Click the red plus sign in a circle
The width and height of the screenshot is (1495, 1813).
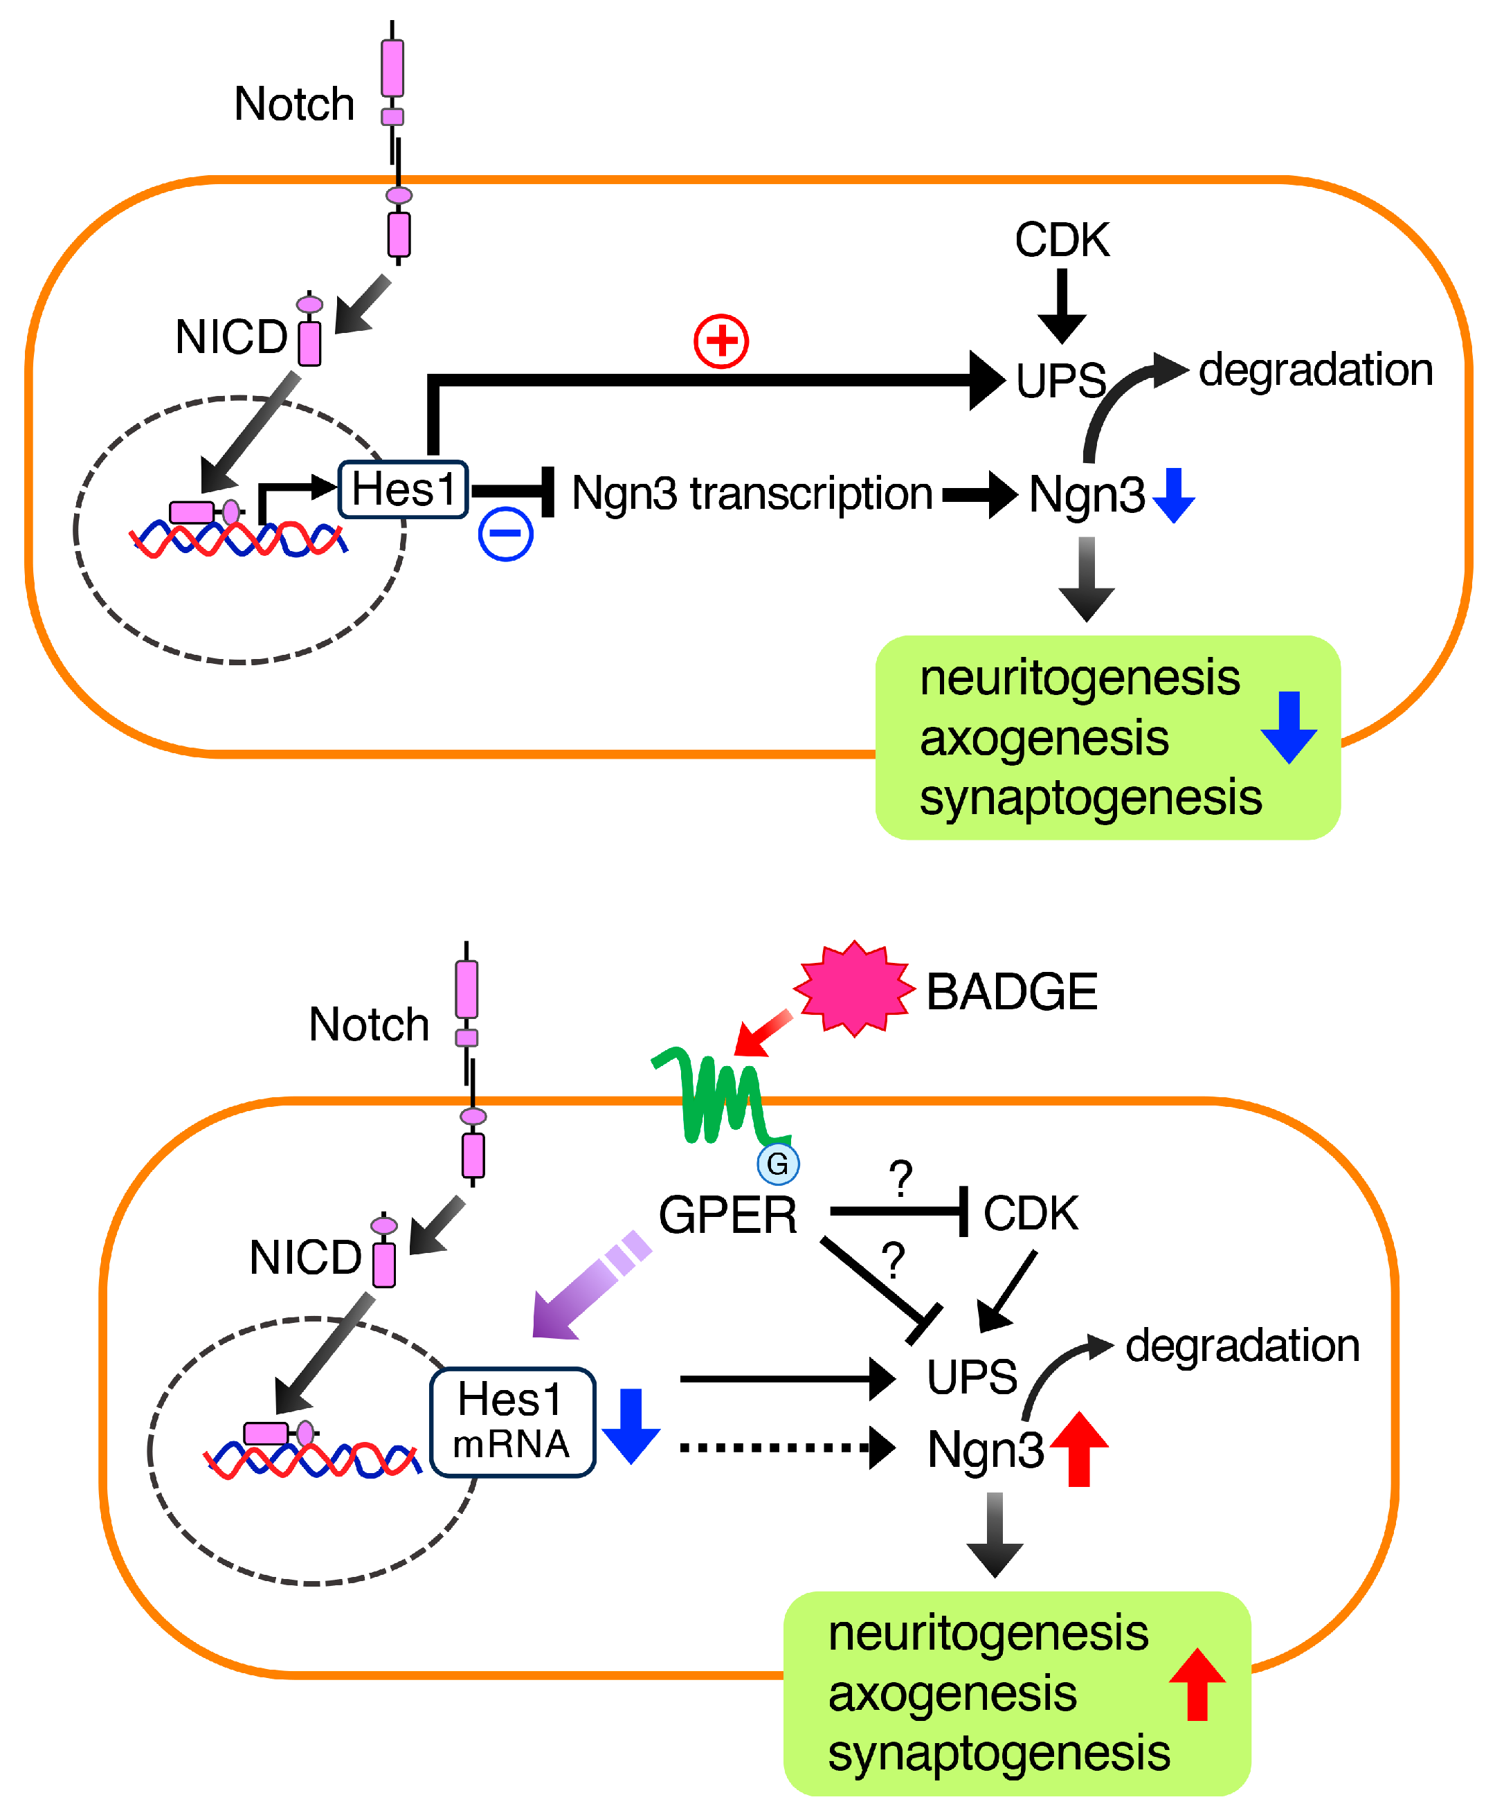tap(721, 341)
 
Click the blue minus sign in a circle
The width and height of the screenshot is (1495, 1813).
tap(505, 533)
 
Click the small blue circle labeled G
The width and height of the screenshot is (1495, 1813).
tap(778, 1164)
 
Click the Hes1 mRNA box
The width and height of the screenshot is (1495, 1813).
tap(512, 1422)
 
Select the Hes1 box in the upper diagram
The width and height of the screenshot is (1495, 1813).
tap(403, 490)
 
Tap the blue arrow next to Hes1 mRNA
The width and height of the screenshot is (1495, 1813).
tap(631, 1425)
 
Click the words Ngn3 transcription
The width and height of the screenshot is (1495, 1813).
tap(752, 494)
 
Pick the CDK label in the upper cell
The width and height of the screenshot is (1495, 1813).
tap(1062, 240)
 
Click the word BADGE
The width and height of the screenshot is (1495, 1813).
tap(1011, 991)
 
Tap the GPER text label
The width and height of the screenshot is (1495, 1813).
tap(727, 1216)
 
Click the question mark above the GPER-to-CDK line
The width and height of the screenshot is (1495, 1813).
tap(900, 1178)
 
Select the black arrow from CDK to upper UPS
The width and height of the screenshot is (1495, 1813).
tap(1062, 306)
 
